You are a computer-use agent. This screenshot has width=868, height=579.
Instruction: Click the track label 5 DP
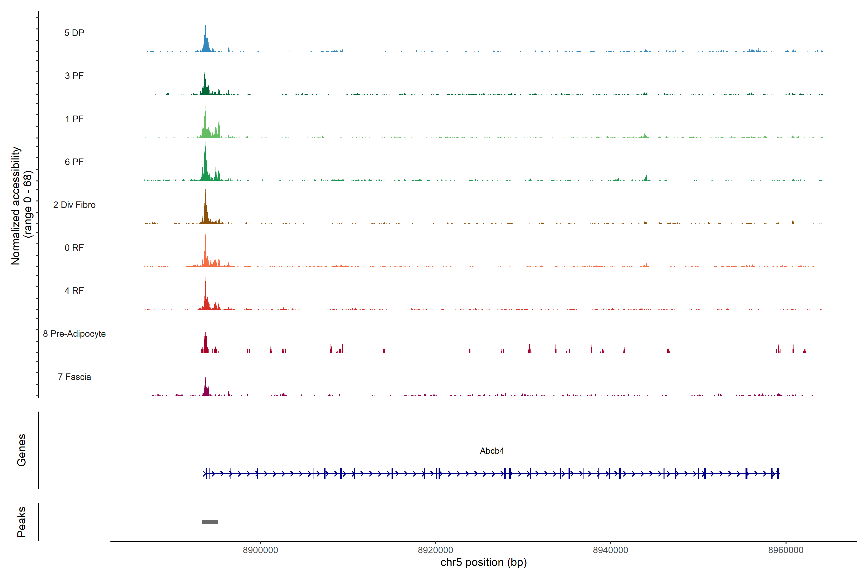(x=74, y=33)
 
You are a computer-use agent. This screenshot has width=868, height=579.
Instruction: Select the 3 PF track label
(x=74, y=76)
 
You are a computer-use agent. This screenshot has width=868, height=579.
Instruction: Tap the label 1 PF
(x=74, y=119)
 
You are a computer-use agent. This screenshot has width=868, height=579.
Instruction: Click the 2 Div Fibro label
(x=74, y=205)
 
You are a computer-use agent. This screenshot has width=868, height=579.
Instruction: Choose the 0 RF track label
(x=74, y=248)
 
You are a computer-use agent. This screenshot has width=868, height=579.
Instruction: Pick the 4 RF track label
(x=74, y=291)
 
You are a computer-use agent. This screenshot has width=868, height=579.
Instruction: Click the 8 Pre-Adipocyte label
(x=74, y=334)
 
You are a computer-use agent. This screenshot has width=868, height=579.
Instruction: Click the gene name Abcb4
(x=492, y=451)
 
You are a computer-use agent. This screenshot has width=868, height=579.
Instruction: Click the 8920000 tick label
(x=435, y=550)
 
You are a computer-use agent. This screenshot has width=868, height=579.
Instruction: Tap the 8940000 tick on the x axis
(x=610, y=550)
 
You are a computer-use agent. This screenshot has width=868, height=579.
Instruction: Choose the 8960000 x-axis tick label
(x=786, y=550)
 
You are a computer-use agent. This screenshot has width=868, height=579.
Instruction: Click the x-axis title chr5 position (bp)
(x=483, y=562)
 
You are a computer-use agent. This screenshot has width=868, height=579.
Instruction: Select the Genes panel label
(x=21, y=450)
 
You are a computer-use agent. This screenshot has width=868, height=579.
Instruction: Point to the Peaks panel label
(x=21, y=522)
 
